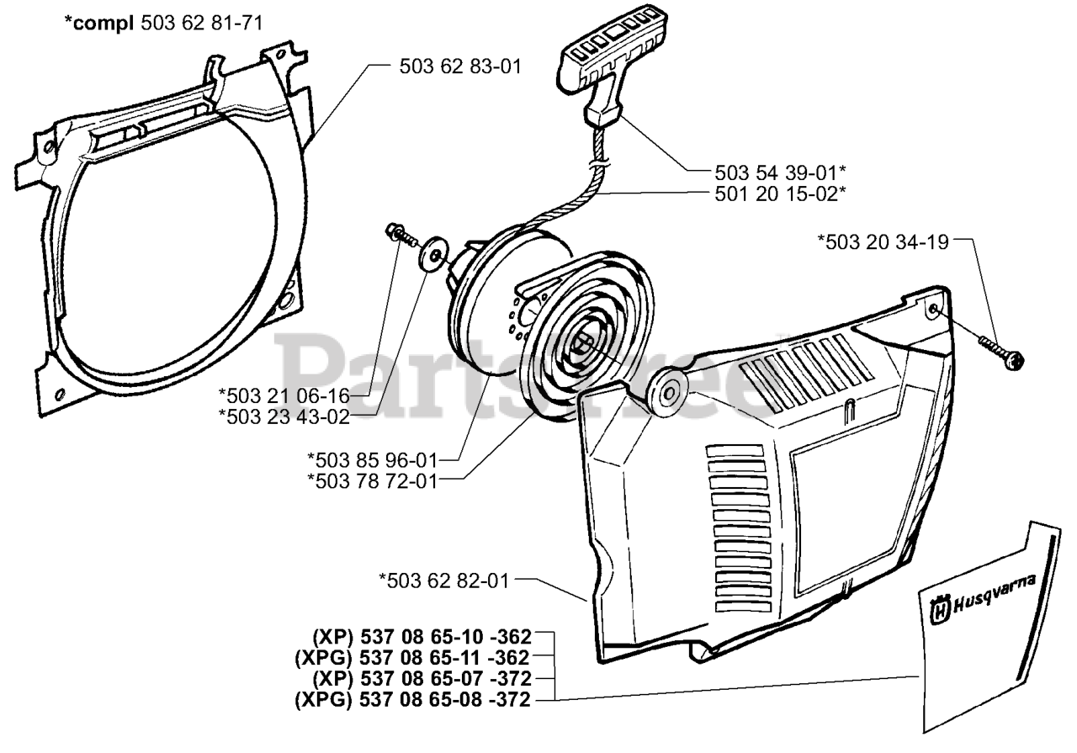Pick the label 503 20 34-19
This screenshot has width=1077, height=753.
pyautogui.click(x=883, y=242)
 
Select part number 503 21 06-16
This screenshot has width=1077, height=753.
pyautogui.click(x=294, y=393)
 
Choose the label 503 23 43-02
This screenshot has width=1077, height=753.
pyautogui.click(x=294, y=414)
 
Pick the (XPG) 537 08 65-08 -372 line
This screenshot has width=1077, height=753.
pyautogui.click(x=412, y=699)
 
